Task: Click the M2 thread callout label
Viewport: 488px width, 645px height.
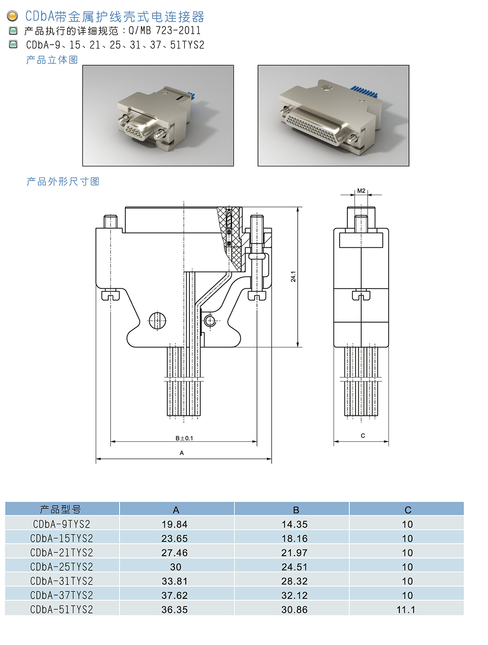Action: [x=361, y=191]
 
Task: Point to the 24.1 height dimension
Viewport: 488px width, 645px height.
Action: [x=293, y=276]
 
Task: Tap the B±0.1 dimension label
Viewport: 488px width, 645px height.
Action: [x=184, y=438]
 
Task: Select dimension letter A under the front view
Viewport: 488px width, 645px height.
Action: [x=181, y=453]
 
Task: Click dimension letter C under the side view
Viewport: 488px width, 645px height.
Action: [x=363, y=436]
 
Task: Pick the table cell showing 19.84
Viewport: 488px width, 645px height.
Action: [x=174, y=524]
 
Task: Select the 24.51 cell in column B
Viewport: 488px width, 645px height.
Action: [x=294, y=567]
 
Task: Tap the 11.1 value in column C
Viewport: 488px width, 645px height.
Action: [x=406, y=610]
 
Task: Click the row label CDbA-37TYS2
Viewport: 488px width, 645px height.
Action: [x=62, y=595]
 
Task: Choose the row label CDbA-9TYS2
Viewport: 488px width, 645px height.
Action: [x=62, y=524]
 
